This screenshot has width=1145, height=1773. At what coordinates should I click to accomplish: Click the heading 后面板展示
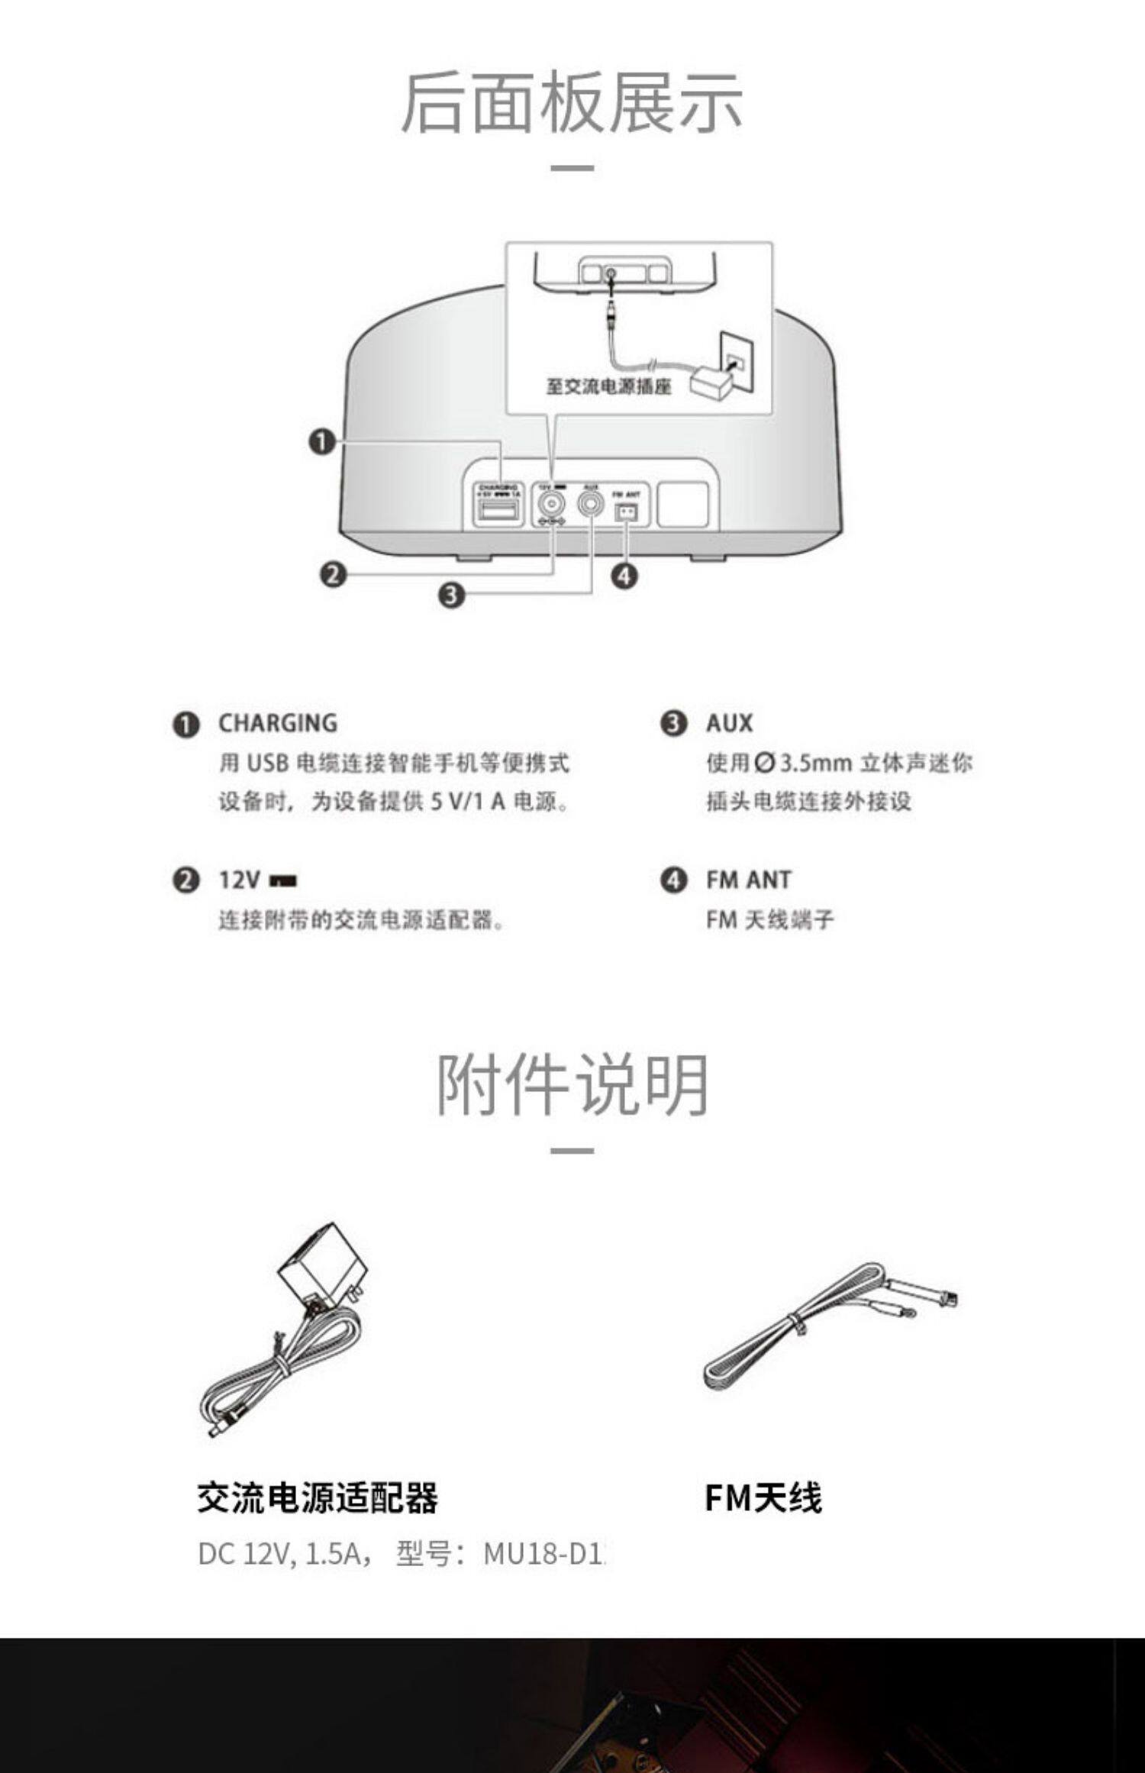pos(572,102)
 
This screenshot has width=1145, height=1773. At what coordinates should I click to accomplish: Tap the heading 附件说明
pos(572,1085)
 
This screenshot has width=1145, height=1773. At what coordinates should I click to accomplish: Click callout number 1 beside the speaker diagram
pos(322,441)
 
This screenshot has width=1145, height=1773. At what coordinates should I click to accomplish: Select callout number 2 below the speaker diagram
pos(333,574)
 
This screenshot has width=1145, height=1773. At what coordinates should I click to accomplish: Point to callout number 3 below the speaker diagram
pos(451,594)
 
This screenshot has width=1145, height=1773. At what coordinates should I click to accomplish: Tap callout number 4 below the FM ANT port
pos(624,576)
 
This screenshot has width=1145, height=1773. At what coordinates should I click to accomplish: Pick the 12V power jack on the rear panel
pos(551,504)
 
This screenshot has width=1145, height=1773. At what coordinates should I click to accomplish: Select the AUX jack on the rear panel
pos(591,504)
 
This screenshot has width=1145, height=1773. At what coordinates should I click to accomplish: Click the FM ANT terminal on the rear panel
pos(627,512)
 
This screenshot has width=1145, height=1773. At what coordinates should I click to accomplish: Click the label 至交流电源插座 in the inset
pos(608,386)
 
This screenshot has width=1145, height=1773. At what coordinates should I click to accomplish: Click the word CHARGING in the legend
pos(278,723)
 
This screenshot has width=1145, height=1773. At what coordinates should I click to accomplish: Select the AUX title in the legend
pos(729,723)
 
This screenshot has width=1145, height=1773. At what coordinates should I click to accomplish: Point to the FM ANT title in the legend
pos(748,880)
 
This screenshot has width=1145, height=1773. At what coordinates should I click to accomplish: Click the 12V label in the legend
pos(240,880)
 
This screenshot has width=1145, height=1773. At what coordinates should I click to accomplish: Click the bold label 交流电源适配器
pos(318,1498)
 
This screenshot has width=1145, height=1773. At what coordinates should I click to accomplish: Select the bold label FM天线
pos(763,1498)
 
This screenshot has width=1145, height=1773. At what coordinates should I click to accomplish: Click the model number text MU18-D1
pos(543,1554)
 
